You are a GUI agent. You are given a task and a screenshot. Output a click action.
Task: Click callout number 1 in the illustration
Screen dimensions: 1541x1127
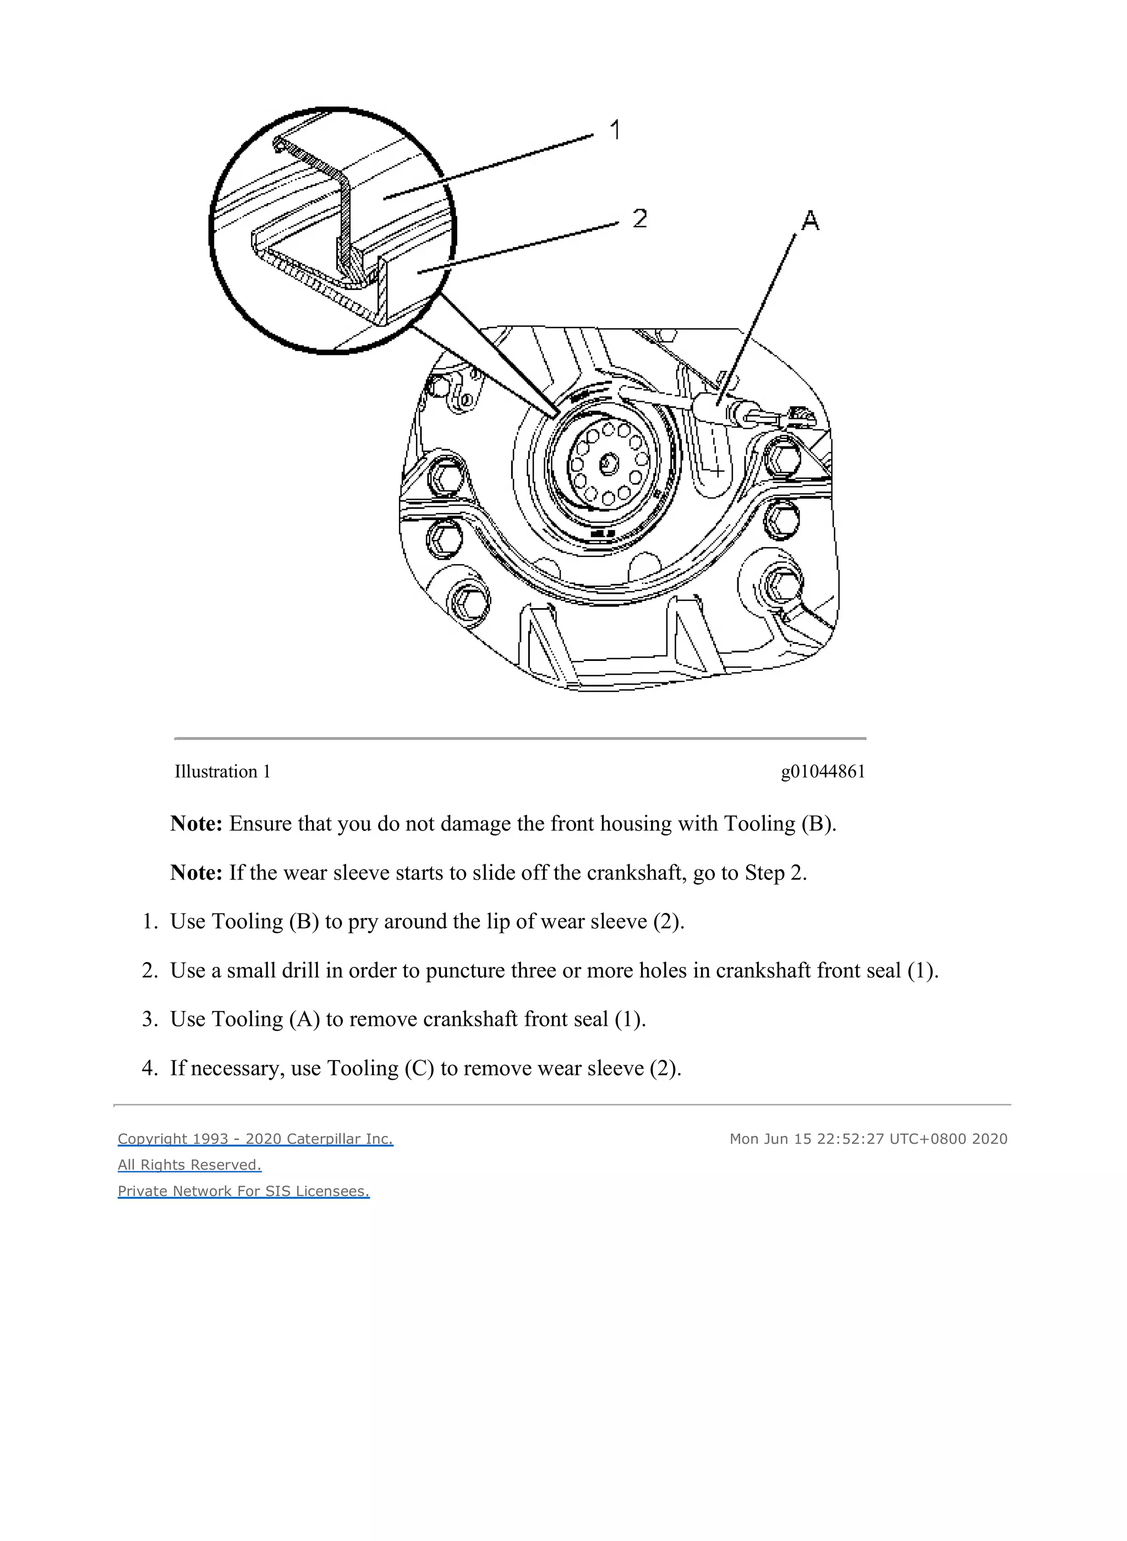click(x=615, y=130)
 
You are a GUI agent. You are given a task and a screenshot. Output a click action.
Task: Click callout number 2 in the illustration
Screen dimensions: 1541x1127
click(x=639, y=218)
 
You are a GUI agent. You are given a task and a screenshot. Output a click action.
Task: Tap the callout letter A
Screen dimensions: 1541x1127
click(x=810, y=220)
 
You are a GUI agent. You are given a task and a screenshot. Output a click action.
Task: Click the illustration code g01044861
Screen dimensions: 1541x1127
click(x=823, y=772)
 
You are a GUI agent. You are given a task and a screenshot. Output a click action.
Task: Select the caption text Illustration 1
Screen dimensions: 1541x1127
click(x=222, y=772)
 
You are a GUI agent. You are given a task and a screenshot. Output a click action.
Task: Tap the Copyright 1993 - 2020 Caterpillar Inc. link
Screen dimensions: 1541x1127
click(x=255, y=1139)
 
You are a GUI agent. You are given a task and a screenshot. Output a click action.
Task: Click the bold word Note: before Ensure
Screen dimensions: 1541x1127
click(x=196, y=823)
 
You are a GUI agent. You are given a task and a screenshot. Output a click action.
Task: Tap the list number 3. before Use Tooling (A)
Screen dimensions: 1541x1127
click(x=149, y=1019)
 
